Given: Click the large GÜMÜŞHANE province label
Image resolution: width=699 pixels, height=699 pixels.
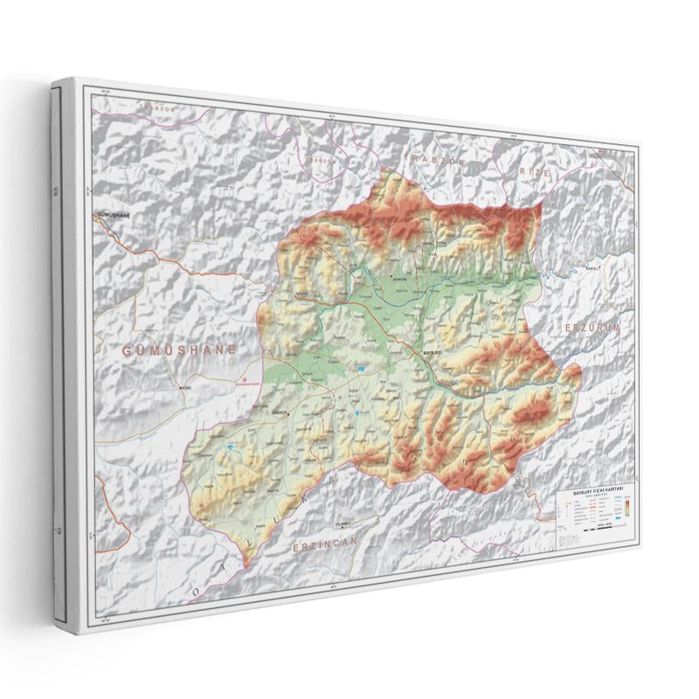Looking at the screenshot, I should click(179, 349).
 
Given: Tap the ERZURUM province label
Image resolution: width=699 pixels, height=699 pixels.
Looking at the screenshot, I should click(592, 328).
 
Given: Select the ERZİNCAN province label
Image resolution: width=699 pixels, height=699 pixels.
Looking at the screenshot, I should click(325, 544).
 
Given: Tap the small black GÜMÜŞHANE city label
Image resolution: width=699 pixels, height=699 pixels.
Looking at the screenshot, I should click(114, 214).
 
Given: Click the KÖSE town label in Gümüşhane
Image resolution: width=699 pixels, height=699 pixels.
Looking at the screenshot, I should click(185, 387).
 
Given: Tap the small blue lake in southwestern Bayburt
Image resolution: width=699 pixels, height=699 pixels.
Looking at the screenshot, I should click(229, 447).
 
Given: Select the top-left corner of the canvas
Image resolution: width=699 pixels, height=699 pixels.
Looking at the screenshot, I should click(54, 80).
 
